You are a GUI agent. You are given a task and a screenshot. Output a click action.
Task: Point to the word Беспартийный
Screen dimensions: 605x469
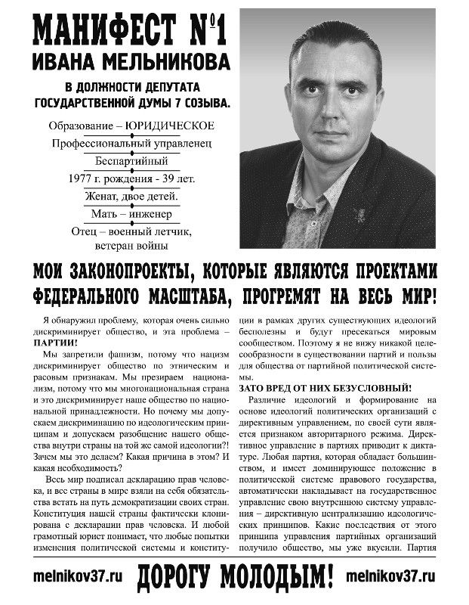[132, 160]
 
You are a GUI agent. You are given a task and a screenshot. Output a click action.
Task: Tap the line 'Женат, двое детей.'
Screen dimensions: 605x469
[132, 197]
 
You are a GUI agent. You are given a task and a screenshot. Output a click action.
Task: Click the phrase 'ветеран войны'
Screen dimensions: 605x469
[131, 245]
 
